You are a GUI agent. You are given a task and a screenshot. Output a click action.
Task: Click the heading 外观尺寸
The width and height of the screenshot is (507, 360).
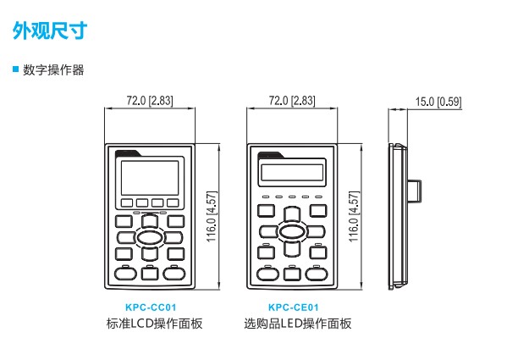pos(50,30)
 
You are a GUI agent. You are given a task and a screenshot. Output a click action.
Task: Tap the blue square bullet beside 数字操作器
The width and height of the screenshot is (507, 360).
pos(16,69)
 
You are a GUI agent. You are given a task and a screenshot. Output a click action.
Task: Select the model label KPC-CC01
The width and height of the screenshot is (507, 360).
pos(151,307)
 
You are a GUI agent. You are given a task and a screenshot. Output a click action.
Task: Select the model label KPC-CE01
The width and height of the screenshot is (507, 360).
pos(293,307)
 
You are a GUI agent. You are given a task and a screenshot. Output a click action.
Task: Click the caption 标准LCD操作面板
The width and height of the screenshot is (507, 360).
pos(155,324)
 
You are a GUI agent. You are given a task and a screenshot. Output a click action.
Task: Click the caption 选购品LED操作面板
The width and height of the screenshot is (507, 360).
pos(298,324)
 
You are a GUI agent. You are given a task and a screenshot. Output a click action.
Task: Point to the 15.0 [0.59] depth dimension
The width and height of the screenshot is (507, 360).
pos(438,102)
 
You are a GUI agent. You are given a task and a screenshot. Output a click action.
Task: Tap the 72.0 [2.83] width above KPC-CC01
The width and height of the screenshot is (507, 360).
pos(150,101)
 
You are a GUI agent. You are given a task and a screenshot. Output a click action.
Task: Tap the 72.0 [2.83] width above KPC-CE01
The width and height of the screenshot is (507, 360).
pos(292,101)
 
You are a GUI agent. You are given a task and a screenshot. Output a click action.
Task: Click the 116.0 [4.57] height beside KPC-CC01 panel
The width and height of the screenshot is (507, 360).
pos(212,216)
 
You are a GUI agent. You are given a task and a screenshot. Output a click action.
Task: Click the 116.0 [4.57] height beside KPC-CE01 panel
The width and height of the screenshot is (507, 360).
pos(354,216)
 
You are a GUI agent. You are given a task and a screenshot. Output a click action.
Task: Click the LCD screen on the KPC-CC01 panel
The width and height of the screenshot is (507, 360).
pos(150,178)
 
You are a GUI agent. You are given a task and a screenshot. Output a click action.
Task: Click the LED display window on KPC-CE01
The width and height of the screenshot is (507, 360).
pos(292,173)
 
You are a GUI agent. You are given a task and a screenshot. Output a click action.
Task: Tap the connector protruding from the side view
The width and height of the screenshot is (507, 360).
pos(414,191)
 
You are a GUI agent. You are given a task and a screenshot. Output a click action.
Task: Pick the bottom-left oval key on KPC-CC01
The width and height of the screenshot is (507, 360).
pos(125,274)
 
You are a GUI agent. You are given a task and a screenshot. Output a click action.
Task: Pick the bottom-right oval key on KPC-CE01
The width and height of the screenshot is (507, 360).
pos(317,274)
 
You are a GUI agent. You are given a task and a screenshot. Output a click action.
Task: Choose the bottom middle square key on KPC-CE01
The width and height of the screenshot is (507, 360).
pos(292,274)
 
